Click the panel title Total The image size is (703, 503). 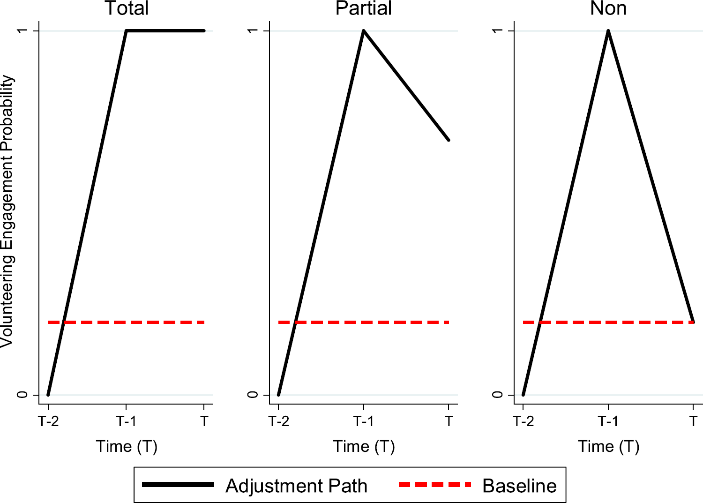click(127, 8)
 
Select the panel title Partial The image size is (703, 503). click(364, 8)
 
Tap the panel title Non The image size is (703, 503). click(608, 8)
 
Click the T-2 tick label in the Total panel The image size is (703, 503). click(49, 421)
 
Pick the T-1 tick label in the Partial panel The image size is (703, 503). click(364, 421)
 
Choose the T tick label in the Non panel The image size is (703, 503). click(694, 421)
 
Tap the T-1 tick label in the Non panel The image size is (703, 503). click(608, 421)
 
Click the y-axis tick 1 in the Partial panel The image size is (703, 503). click(253, 30)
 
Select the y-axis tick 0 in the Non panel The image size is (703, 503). click(498, 395)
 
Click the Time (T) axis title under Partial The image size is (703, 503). click(364, 446)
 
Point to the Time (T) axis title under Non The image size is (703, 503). click(608, 446)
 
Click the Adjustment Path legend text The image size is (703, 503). click(296, 486)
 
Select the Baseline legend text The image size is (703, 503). click(519, 486)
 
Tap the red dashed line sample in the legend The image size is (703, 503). click(434, 484)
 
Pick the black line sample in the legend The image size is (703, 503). click(178, 484)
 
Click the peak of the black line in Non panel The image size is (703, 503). click(608, 31)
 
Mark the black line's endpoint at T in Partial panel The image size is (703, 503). click(449, 140)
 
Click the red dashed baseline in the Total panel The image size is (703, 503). click(141, 323)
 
